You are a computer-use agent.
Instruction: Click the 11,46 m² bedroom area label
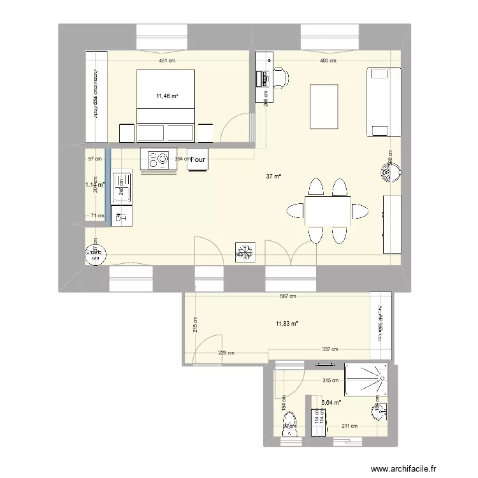coord(167,96)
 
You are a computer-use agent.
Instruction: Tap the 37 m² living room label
coord(274,177)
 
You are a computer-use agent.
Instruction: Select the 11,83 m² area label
coord(287,324)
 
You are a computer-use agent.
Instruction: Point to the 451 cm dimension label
coord(168,61)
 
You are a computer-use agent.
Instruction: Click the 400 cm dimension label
coord(328,61)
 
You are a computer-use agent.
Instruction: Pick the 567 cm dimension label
coord(289,296)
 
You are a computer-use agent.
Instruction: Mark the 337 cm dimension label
coord(330,349)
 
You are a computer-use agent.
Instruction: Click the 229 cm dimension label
coord(227,352)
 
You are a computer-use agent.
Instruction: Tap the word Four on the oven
coord(198,160)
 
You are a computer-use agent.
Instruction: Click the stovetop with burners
coord(157,159)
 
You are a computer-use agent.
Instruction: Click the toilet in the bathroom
coord(290,424)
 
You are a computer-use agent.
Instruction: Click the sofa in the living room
coord(382,103)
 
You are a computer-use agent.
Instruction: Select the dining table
coord(328,211)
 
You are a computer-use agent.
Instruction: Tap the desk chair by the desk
coord(280,78)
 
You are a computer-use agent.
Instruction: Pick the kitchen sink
coord(120,188)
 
